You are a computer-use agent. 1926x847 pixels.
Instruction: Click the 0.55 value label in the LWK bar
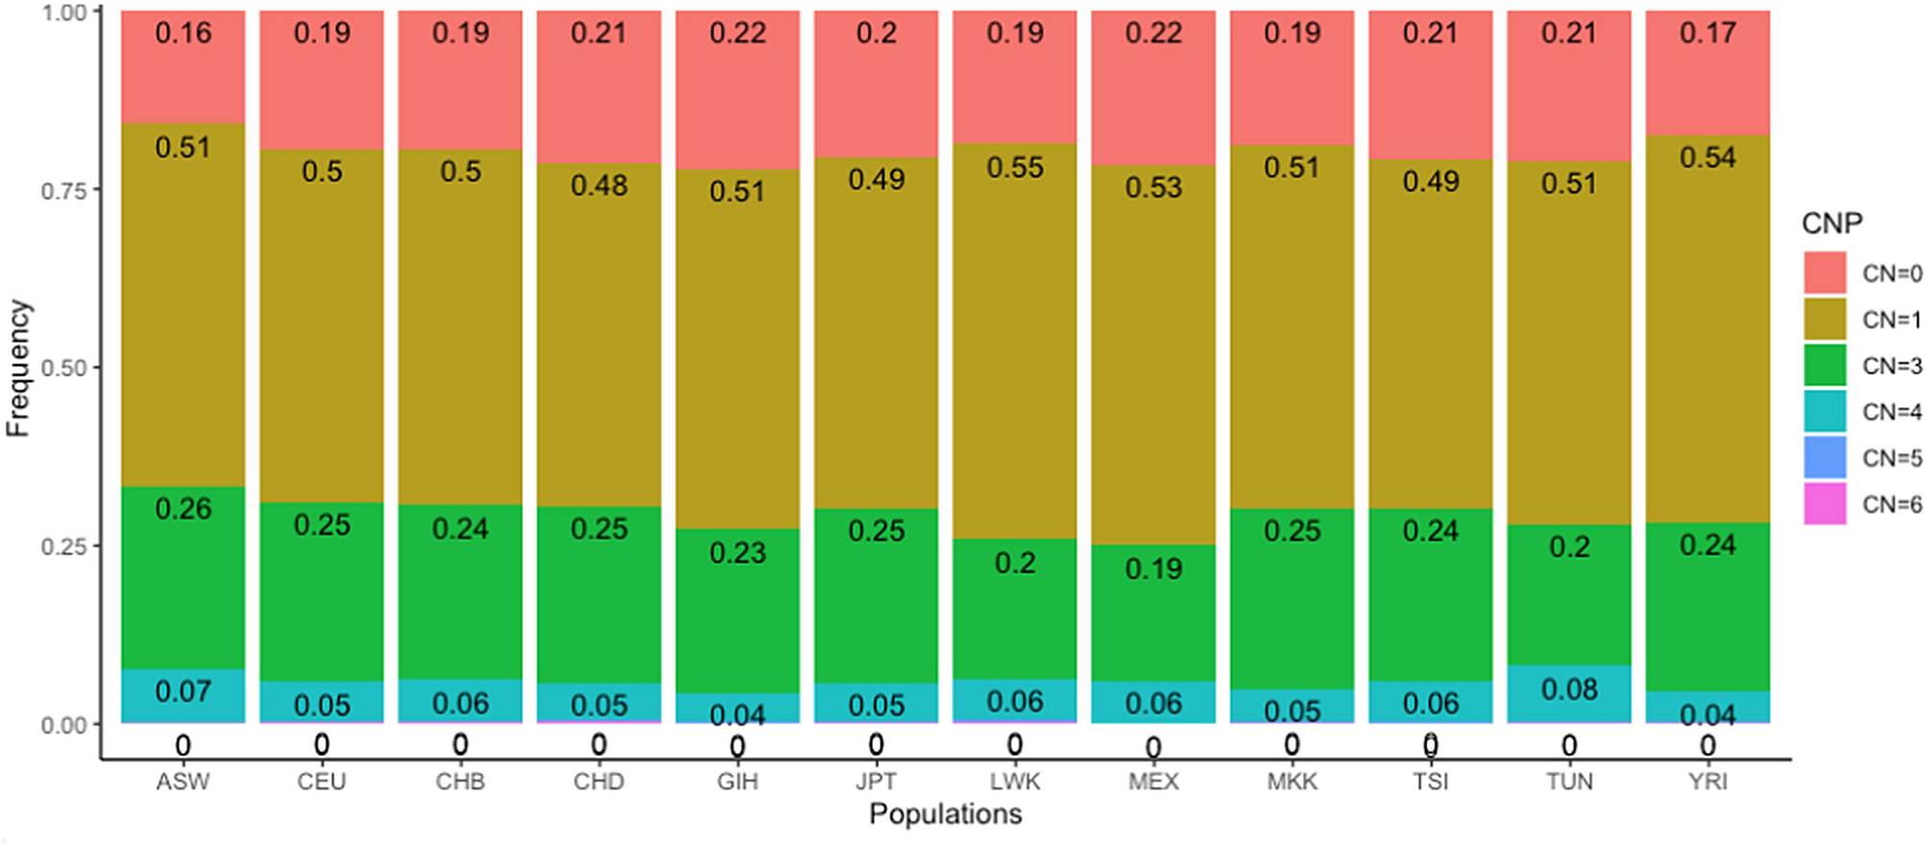(1015, 168)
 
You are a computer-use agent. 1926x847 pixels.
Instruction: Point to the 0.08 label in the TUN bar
(1569, 690)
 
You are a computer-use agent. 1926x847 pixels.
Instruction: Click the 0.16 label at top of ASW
(182, 34)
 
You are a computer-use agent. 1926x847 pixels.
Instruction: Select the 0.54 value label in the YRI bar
(1707, 157)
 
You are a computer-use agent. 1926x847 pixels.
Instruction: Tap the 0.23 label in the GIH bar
(737, 553)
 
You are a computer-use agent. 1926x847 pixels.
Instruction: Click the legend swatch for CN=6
(1824, 504)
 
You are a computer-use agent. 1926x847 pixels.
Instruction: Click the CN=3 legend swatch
(1824, 366)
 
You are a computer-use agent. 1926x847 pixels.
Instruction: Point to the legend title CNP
(1832, 224)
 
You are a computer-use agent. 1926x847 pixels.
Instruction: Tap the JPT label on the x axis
(876, 782)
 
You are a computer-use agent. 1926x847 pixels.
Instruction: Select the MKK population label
(1291, 782)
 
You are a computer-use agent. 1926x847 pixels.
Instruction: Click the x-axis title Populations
(945, 814)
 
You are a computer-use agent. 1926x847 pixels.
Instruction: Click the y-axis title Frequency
(18, 368)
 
